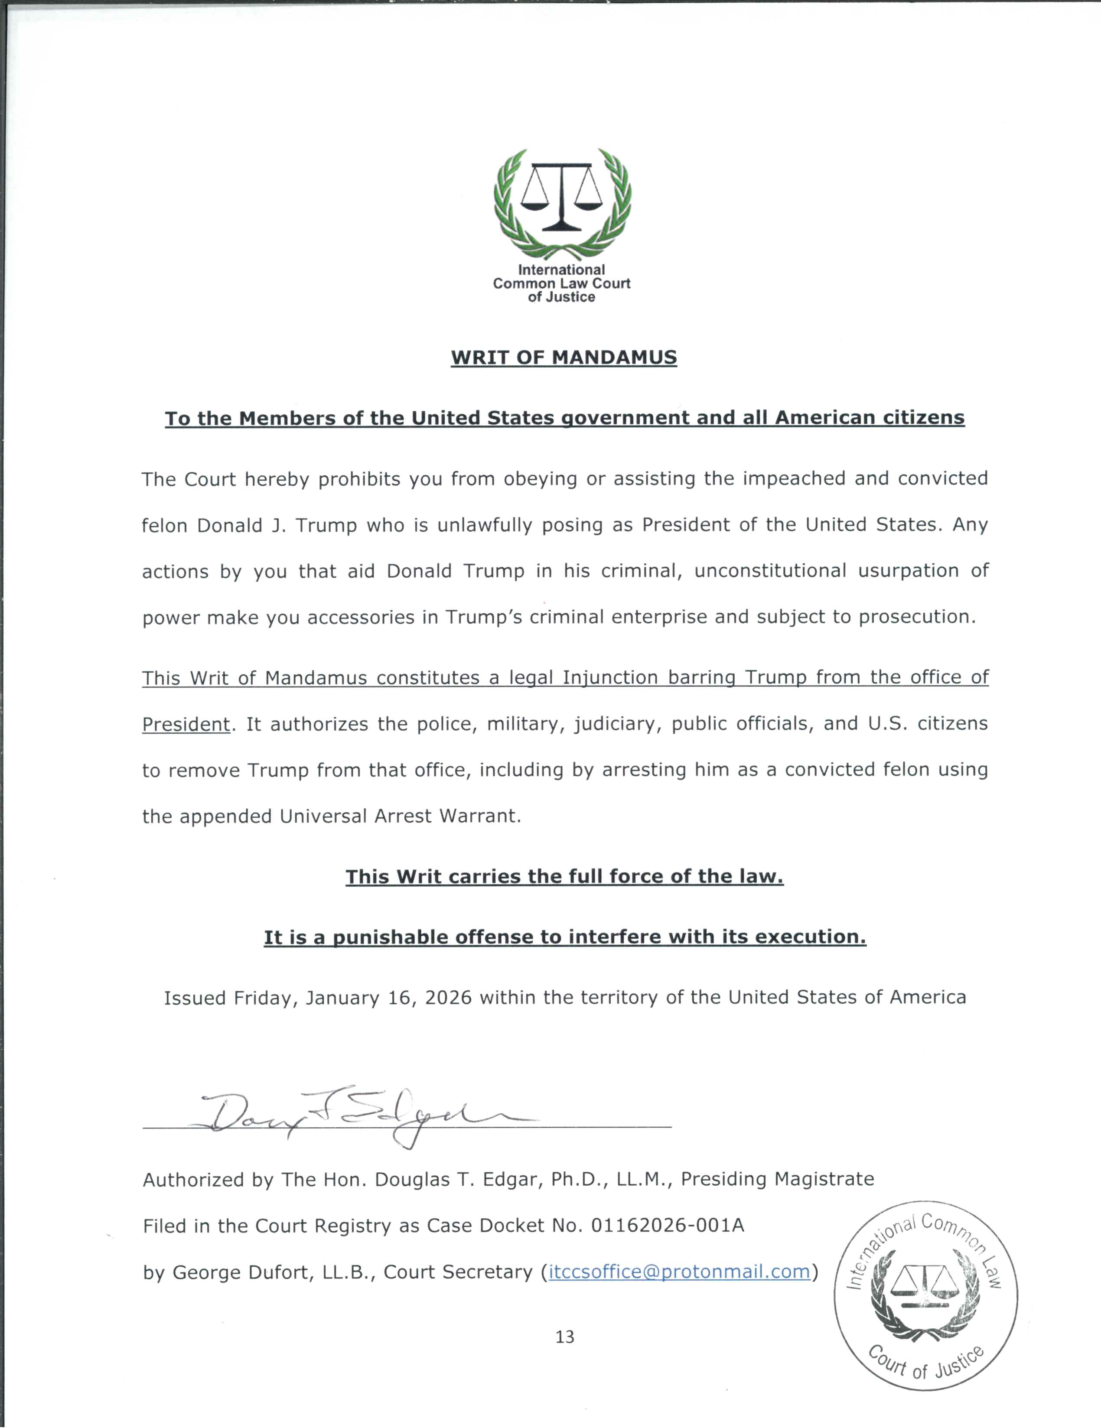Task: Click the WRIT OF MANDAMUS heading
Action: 564,357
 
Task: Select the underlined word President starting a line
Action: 186,725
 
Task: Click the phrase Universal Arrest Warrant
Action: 400,816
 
